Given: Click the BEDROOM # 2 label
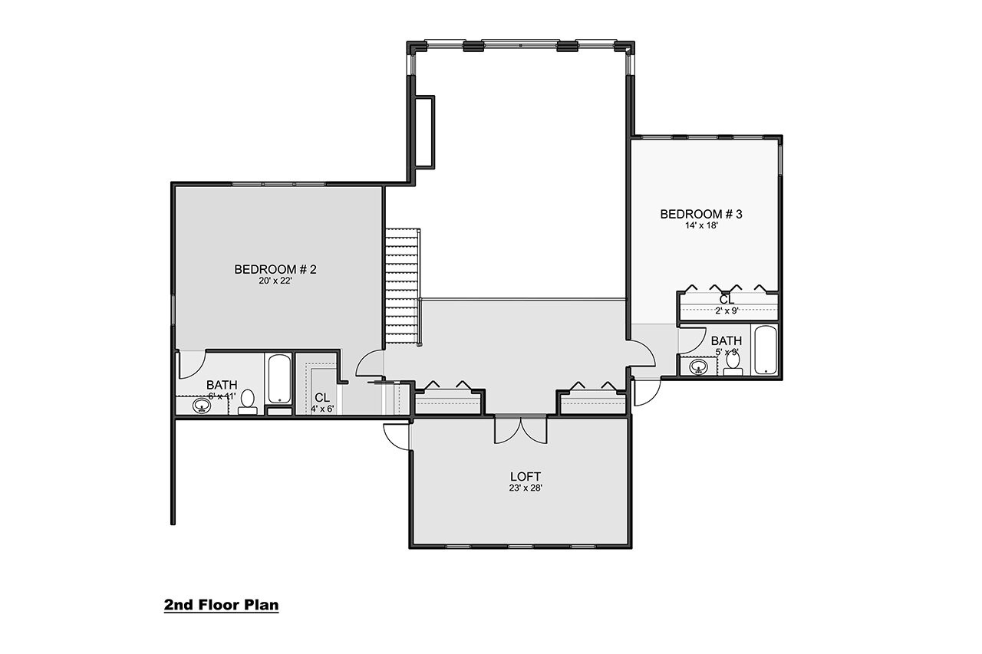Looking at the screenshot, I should click(275, 269).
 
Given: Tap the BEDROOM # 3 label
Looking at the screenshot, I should click(700, 214).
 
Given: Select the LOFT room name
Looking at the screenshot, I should click(523, 476).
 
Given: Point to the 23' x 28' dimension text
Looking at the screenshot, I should click(523, 488).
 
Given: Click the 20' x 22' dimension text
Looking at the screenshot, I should click(275, 281).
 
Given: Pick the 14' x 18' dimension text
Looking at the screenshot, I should click(700, 226).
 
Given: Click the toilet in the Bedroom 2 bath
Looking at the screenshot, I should click(248, 401).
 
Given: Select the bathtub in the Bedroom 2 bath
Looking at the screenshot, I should click(278, 378).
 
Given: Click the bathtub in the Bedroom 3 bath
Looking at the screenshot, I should click(766, 350).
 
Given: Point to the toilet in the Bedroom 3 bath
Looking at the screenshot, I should click(733, 363).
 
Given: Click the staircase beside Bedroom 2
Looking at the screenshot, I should click(402, 288).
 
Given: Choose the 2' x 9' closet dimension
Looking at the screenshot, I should click(727, 311).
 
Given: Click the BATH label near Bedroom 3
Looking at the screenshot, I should click(726, 341).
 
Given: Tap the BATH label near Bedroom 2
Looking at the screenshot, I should click(221, 385).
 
